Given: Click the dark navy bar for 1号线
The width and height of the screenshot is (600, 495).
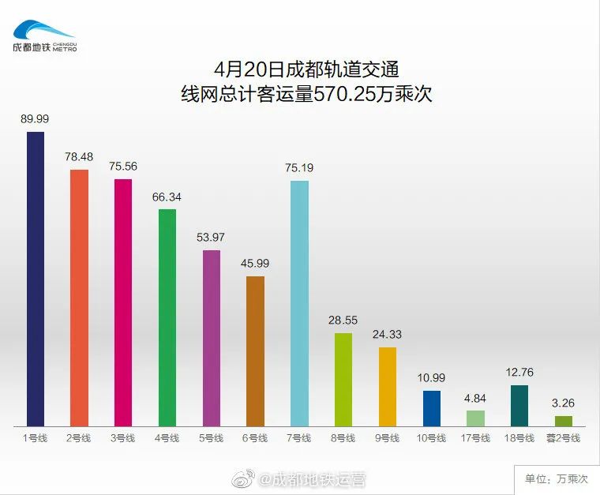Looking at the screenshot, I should pos(36,279).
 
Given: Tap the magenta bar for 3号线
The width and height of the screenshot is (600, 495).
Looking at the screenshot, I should pos(123,302).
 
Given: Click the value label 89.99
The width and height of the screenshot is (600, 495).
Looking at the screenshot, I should pos(35,118).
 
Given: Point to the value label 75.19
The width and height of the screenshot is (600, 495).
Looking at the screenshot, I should pos(299,167).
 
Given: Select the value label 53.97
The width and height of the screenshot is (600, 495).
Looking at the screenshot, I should pos(211,238).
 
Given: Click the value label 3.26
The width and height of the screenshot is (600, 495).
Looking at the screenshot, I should pos(563,403).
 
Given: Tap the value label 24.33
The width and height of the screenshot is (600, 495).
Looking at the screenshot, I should pos(387,334).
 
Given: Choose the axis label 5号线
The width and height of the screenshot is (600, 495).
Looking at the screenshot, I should pos(211,438).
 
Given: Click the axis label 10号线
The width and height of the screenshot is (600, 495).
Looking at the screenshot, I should pos(431,438).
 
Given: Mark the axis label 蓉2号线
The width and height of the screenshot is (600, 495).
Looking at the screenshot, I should pos(563,438).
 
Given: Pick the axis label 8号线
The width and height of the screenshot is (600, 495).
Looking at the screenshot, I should pos(343,438).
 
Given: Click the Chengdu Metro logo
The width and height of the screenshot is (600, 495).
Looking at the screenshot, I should pos(44,35).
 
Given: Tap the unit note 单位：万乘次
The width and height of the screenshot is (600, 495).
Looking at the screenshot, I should pos(557,478).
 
